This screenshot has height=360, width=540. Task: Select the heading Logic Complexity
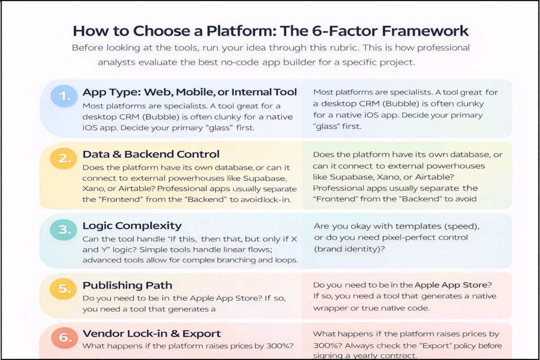132,226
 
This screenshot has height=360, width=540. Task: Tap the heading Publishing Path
127,285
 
